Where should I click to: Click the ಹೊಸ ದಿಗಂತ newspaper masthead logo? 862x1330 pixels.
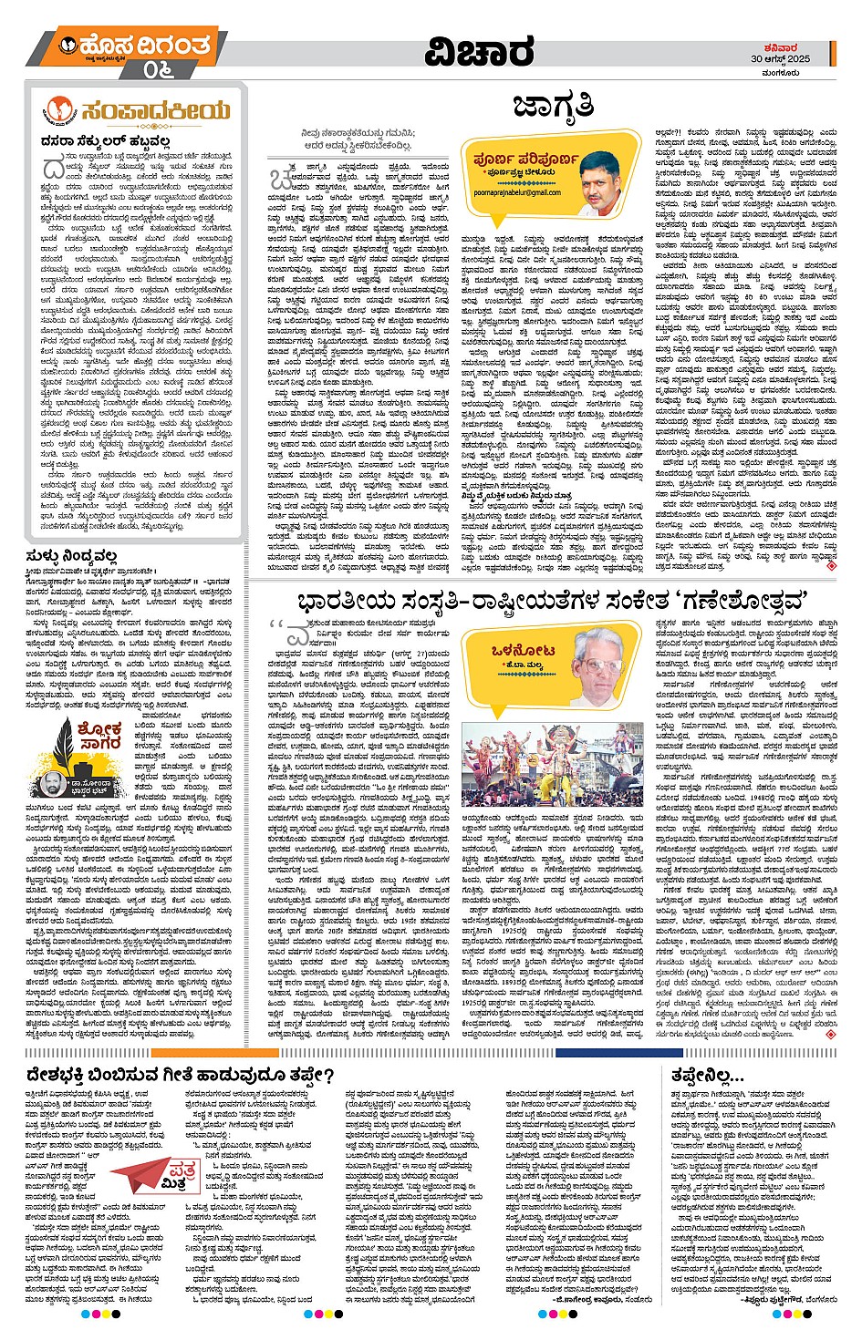(x=135, y=46)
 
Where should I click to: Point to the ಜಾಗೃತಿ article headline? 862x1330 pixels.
(x=553, y=107)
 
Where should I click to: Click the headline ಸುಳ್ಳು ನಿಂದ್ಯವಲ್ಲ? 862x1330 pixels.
(x=72, y=554)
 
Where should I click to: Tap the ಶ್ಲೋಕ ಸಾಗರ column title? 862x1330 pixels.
(x=99, y=737)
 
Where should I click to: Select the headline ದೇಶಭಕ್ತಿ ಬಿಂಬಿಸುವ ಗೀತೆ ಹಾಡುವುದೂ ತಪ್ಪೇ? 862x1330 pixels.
(x=180, y=1076)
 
